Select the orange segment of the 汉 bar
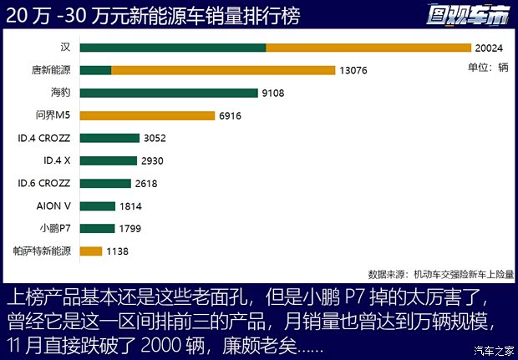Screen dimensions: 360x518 (368, 48)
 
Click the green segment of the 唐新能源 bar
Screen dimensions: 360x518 (96, 70)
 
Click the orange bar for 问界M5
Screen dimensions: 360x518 (148, 115)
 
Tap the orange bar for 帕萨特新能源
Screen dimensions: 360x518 (92, 251)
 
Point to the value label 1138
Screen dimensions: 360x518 (119, 251)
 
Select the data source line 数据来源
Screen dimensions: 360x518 (440, 273)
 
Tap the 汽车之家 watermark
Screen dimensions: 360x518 (493, 350)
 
